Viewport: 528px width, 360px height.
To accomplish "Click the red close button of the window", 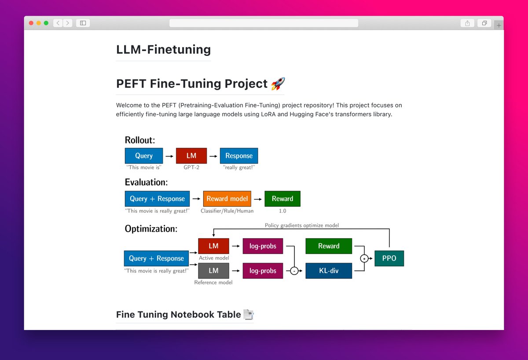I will pyautogui.click(x=31, y=23).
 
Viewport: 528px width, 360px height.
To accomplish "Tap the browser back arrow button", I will pyautogui.click(x=58, y=23).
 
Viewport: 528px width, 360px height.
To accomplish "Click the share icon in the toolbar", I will pyautogui.click(x=467, y=23).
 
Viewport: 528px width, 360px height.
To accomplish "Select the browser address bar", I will pyautogui.click(x=264, y=23).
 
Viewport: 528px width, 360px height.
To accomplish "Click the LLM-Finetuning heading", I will pyautogui.click(x=163, y=50).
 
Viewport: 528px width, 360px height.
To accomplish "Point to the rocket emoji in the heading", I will pyautogui.click(x=278, y=84).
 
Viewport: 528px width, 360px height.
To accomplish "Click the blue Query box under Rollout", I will pyautogui.click(x=144, y=156).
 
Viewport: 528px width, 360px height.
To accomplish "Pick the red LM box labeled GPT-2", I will pyautogui.click(x=191, y=156).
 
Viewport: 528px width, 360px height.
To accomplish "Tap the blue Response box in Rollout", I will pyautogui.click(x=239, y=156).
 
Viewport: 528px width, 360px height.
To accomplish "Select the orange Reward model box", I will pyautogui.click(x=227, y=198).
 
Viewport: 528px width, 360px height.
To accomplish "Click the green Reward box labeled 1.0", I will pyautogui.click(x=282, y=198).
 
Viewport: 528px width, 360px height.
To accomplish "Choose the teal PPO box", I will pyautogui.click(x=389, y=258).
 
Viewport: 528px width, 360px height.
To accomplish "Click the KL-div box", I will pyautogui.click(x=329, y=271).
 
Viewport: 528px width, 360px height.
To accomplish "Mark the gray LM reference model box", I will pyautogui.click(x=213, y=271).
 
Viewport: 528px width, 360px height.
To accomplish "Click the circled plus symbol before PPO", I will pyautogui.click(x=364, y=258).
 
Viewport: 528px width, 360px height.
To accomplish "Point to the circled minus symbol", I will pyautogui.click(x=294, y=271).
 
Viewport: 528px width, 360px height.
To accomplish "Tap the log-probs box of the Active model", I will pyautogui.click(x=263, y=246).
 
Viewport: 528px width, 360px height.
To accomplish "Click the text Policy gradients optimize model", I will pyautogui.click(x=302, y=225).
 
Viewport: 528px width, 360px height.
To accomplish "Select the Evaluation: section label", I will pyautogui.click(x=146, y=182).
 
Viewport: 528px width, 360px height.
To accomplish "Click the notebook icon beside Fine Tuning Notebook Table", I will pyautogui.click(x=249, y=314).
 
